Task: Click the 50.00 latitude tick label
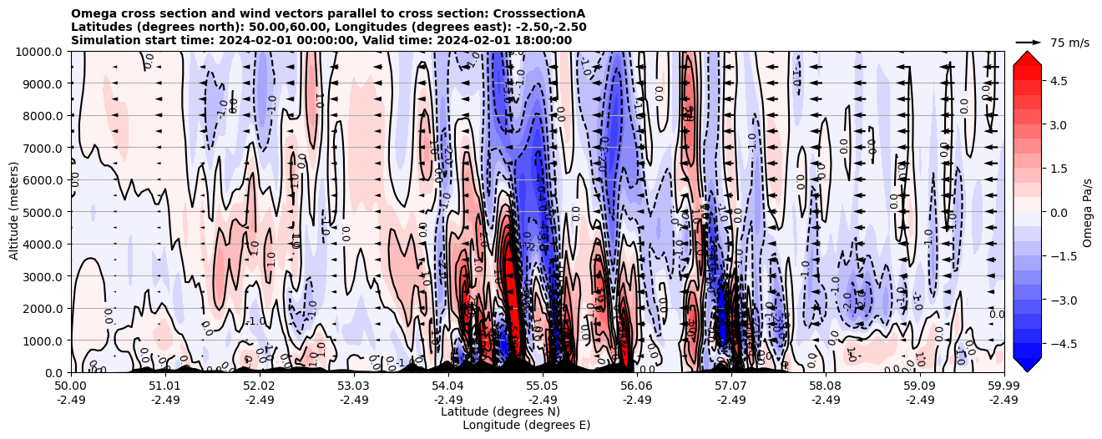click(71, 386)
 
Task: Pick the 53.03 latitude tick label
click(354, 386)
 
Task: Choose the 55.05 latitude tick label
click(543, 386)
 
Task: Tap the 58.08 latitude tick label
click(825, 386)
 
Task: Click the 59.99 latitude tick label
click(1003, 386)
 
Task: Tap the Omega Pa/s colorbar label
click(1088, 212)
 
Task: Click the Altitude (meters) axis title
click(14, 212)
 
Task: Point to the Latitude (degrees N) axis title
click(500, 411)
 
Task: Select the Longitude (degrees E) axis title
click(526, 425)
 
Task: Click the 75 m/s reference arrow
click(1029, 42)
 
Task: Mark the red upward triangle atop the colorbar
click(1027, 57)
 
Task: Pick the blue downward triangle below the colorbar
click(1027, 365)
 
